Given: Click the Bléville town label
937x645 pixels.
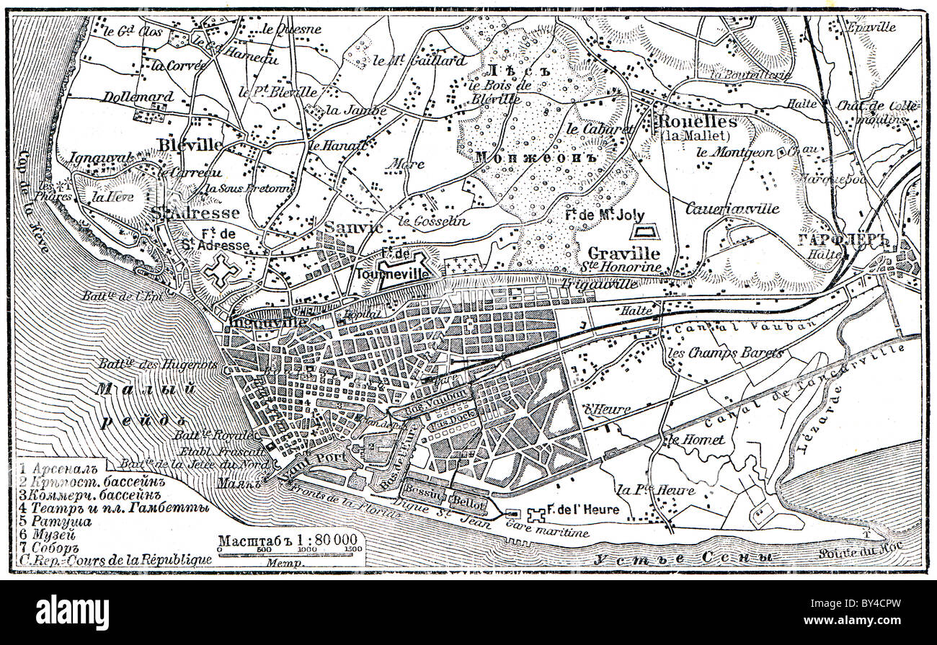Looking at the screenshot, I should click(191, 145).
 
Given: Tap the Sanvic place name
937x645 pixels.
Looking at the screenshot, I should click(354, 227).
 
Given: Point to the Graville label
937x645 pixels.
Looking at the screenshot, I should click(624, 254).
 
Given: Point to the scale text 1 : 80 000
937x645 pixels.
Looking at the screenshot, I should click(318, 538).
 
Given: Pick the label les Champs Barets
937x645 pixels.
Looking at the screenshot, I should click(725, 354).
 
